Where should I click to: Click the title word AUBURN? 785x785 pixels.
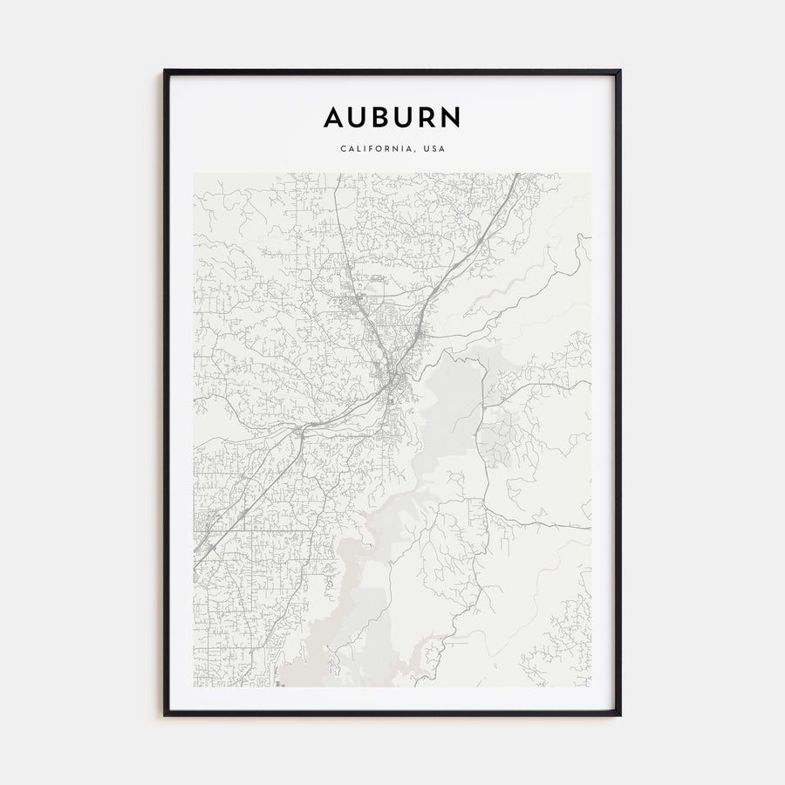pyautogui.click(x=392, y=117)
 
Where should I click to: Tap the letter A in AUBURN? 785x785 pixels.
pyautogui.click(x=334, y=117)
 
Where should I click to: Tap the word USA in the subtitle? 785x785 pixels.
pyautogui.click(x=433, y=149)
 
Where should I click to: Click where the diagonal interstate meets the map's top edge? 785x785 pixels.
pyautogui.click(x=517, y=174)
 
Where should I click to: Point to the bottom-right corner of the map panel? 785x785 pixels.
pyautogui.click(x=590, y=686)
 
